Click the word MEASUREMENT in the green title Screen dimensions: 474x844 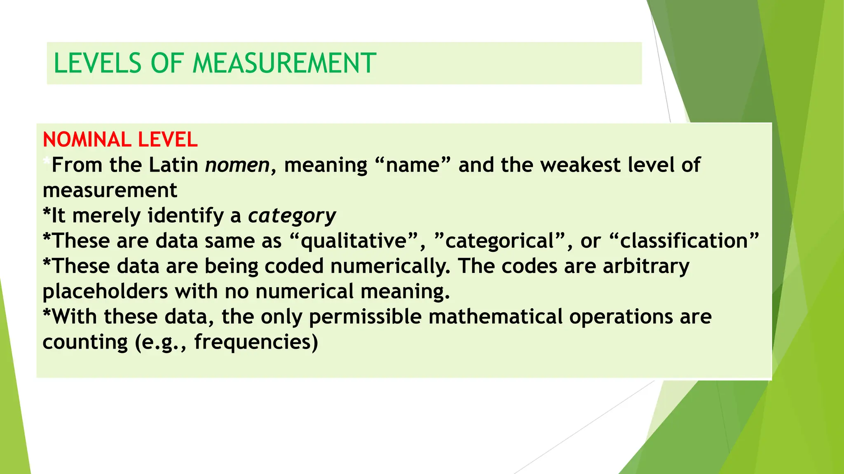pos(284,63)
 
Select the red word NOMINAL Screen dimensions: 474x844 pos(87,139)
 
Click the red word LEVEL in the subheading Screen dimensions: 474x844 pos(168,139)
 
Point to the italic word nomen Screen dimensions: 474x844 pos(237,165)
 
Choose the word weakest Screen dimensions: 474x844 pos(581,165)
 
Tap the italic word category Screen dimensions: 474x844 pos(292,216)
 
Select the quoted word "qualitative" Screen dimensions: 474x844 pos(354,241)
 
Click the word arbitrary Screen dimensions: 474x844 pos(646,266)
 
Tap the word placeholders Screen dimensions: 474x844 pos(105,291)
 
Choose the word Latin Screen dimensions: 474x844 pos(173,165)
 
